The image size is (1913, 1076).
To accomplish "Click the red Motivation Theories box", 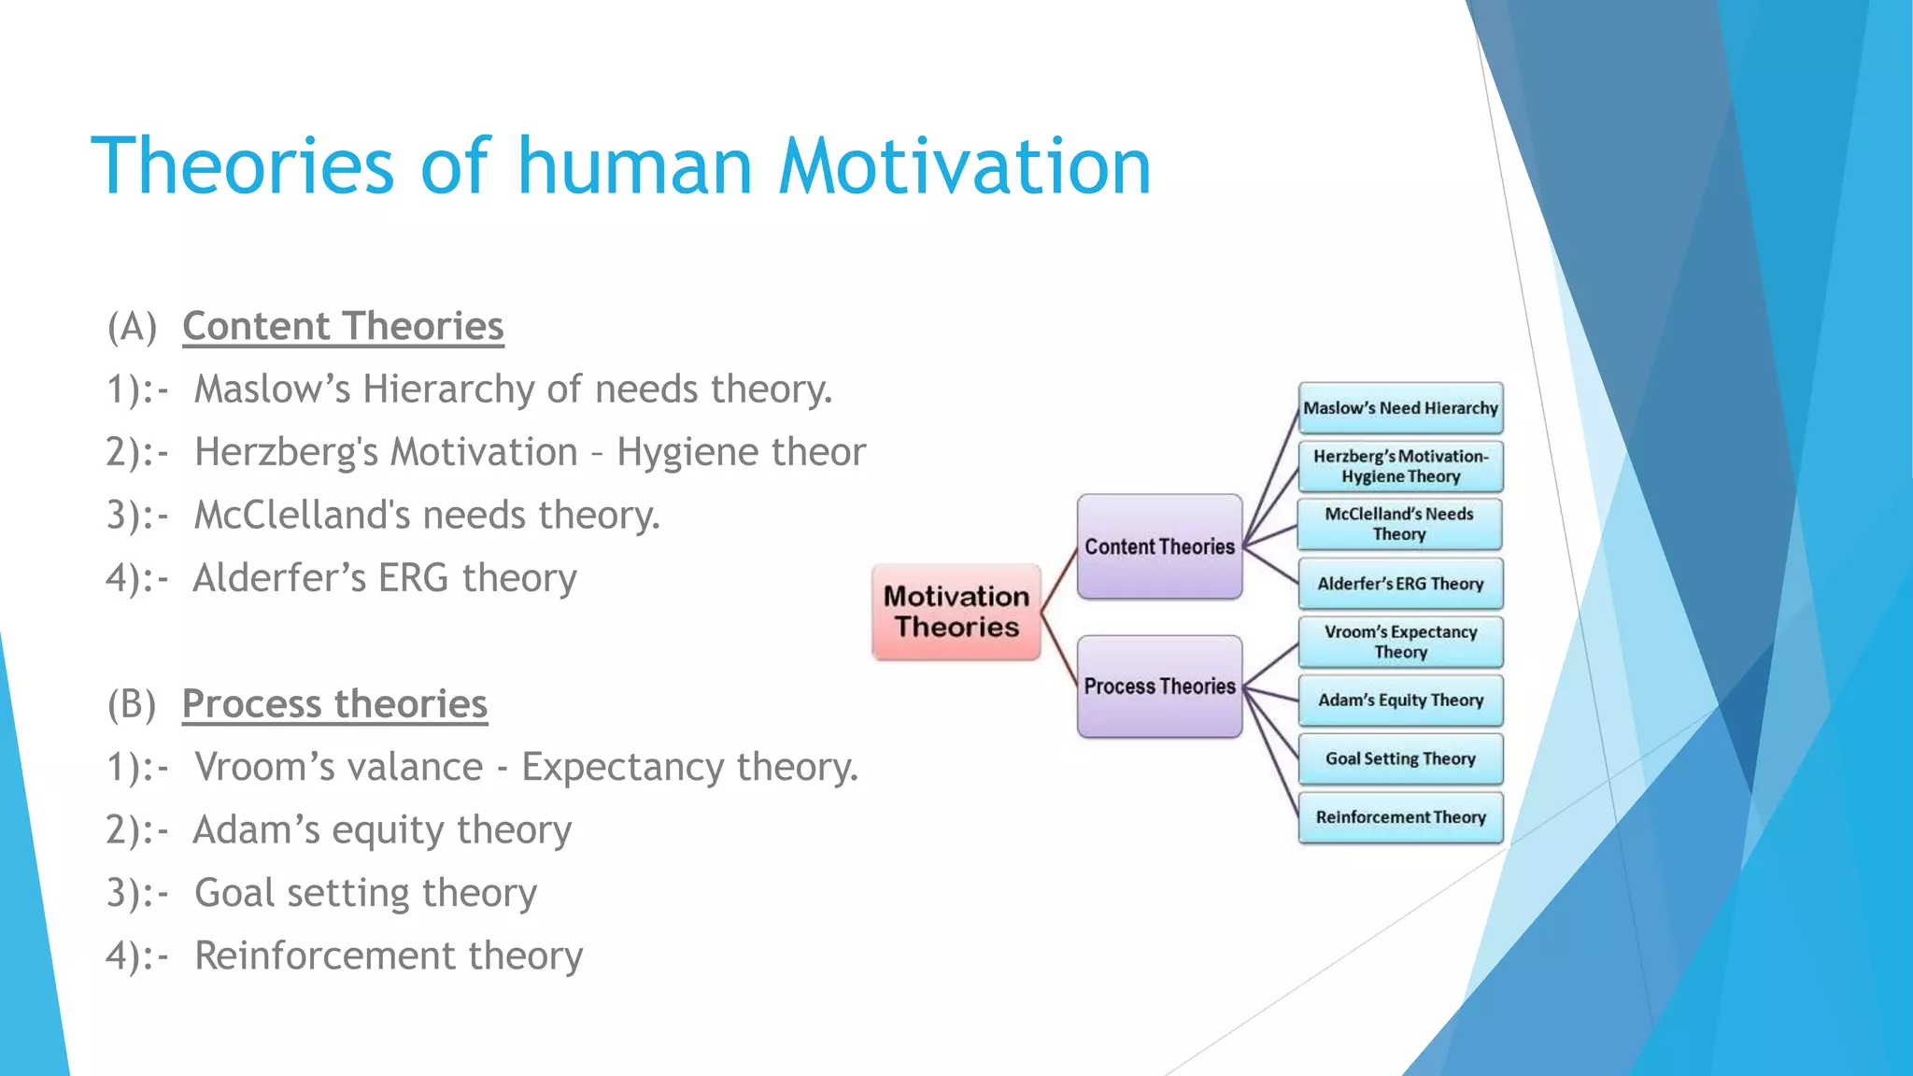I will (x=956, y=612).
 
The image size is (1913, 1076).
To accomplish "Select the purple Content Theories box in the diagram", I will (x=1159, y=546).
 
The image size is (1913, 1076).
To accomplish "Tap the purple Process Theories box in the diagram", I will (x=1159, y=687).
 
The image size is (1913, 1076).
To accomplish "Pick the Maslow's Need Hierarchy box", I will (x=1400, y=408).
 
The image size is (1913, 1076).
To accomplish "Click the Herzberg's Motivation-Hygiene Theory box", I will (x=1400, y=466).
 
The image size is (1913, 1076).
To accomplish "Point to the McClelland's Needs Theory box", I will (x=1399, y=524).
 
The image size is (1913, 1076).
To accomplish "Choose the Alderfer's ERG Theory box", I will (x=1400, y=584).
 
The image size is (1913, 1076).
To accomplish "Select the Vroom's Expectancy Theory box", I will (x=1400, y=642).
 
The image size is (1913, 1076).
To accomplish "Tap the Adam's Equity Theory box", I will (x=1400, y=701).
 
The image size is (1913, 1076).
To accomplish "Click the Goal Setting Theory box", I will (x=1400, y=758).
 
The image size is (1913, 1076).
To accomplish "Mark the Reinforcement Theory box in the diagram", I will (x=1400, y=817).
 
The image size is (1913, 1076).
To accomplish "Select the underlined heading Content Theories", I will (x=343, y=326).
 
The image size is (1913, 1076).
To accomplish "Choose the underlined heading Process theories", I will (x=334, y=703).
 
